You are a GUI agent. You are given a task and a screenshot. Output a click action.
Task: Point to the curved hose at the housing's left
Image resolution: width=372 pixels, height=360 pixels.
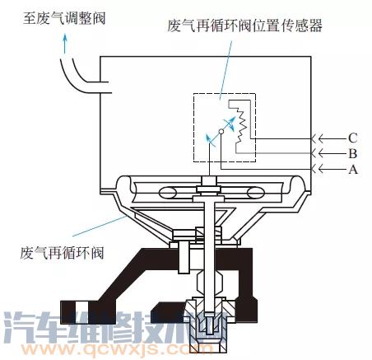[82, 79]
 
